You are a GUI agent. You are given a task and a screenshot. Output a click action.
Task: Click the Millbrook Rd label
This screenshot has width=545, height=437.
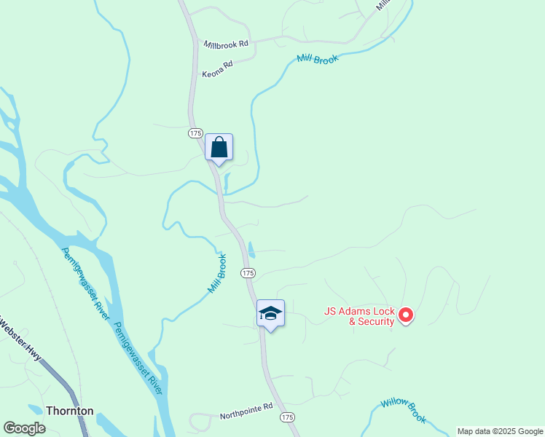click(x=226, y=44)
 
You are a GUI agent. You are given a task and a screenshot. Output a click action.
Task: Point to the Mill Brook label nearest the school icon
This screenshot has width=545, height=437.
click(x=217, y=273)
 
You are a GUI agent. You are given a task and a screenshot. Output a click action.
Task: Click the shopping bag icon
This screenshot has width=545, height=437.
click(x=219, y=148)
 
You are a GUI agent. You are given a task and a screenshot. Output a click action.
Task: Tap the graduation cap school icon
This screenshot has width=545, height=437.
click(x=270, y=314)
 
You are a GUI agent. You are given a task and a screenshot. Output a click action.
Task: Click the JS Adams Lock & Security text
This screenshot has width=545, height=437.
click(x=360, y=315)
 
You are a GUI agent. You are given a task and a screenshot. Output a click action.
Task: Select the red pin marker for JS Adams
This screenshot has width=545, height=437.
click(x=405, y=315)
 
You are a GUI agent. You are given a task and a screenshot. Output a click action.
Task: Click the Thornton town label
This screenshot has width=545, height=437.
click(x=69, y=411)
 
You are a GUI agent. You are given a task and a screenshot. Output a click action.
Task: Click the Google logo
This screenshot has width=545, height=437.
click(x=24, y=428)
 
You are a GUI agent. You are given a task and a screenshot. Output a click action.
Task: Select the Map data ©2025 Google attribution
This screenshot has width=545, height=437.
click(x=500, y=431)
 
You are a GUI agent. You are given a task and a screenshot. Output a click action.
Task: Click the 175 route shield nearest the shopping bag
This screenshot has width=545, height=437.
click(x=195, y=133)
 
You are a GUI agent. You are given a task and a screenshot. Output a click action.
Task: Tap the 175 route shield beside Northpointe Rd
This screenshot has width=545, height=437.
click(x=287, y=417)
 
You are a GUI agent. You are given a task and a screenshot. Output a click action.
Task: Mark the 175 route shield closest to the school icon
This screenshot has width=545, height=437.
click(x=248, y=272)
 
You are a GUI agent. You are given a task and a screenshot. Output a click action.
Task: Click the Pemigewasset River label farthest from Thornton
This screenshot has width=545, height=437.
click(x=86, y=283)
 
